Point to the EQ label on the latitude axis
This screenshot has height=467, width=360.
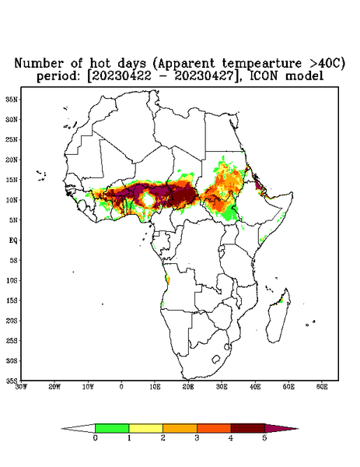pos(12,240)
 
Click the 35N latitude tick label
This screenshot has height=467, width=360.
pos(12,99)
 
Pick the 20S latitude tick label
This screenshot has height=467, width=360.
pos(12,321)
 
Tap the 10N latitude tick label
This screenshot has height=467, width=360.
pos(12,200)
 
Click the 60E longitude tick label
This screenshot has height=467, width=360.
pos(322,387)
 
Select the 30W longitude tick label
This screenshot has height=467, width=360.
pos(21,387)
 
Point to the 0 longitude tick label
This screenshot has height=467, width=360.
pos(121,387)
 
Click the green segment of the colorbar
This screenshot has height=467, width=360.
pos(112,428)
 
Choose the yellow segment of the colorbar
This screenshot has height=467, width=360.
pos(145,428)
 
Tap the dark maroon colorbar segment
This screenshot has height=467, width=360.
pos(248,428)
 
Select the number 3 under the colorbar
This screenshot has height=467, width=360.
pos(197,438)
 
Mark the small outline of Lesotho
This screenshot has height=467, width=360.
pos(215,359)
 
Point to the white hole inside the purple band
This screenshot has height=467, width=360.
pos(147,199)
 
